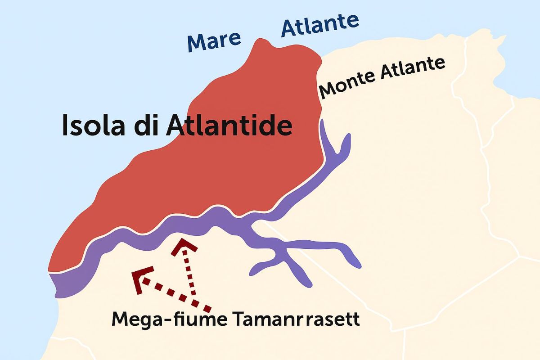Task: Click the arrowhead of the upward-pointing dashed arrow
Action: pyautogui.click(x=182, y=245)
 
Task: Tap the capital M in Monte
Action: pyautogui.click(x=328, y=90)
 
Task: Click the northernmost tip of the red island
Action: pyautogui.click(x=261, y=40)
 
